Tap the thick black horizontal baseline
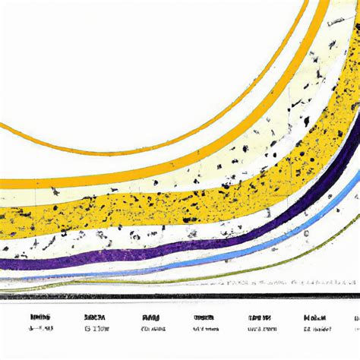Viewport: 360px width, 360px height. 180,296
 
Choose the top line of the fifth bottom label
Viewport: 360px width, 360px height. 258,317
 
